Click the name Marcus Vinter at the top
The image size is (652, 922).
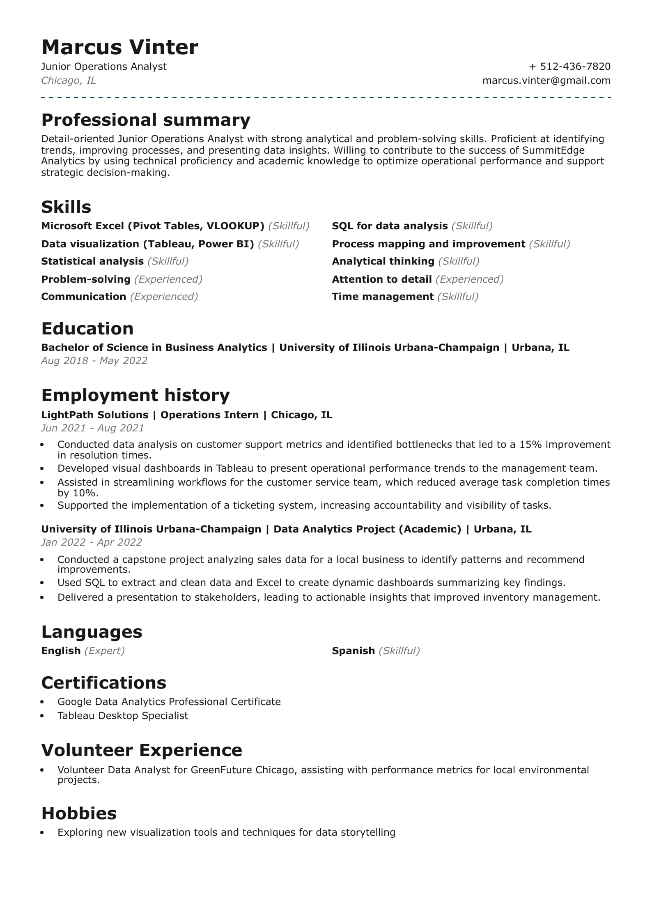coord(119,47)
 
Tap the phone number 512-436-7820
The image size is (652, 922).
coord(575,67)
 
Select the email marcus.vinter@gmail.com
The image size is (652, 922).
coord(546,81)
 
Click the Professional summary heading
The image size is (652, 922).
coord(146,120)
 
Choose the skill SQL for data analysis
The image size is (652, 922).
coord(389,226)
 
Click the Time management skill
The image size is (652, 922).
coord(382,297)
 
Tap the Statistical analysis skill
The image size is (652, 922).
coord(92,261)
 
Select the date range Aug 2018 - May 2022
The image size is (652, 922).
coord(94,361)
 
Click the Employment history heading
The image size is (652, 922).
coord(135,395)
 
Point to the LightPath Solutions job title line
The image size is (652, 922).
coord(187,415)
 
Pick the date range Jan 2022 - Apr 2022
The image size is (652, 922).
coord(92,542)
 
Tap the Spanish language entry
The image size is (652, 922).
coord(353,651)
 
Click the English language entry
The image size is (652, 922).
coord(61,651)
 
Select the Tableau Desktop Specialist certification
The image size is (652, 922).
coord(123,716)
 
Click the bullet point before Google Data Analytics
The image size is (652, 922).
coord(42,702)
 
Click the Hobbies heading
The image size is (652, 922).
coord(79,814)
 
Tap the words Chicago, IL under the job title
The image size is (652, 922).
coord(69,81)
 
